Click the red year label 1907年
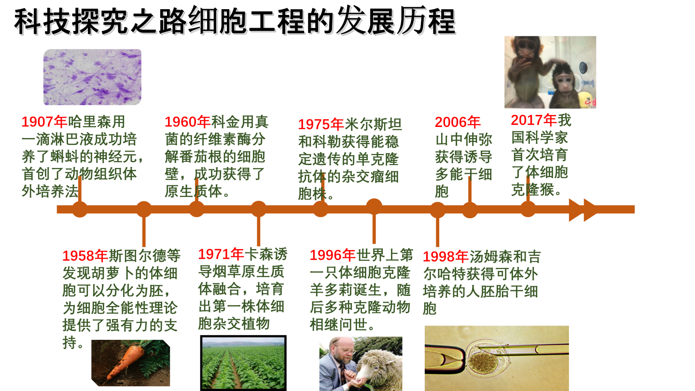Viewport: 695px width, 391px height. (x=44, y=122)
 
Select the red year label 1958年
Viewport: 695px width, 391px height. (x=85, y=256)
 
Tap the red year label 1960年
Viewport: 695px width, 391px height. (x=188, y=122)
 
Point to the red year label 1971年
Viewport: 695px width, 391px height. (x=221, y=254)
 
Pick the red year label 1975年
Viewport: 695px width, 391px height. (x=321, y=124)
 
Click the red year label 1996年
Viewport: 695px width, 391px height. (x=333, y=255)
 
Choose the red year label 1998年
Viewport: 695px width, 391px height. (x=446, y=257)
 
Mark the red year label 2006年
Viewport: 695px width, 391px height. (x=458, y=122)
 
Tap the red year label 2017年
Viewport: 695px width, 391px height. (x=534, y=120)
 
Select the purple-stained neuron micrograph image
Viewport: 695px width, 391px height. (x=93, y=77)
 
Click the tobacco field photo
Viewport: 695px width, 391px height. (x=243, y=363)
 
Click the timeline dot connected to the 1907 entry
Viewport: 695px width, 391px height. (x=80, y=209)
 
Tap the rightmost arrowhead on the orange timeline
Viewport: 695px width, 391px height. (x=591, y=210)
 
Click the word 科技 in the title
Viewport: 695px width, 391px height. (x=43, y=22)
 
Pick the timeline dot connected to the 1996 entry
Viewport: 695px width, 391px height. (x=374, y=207)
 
